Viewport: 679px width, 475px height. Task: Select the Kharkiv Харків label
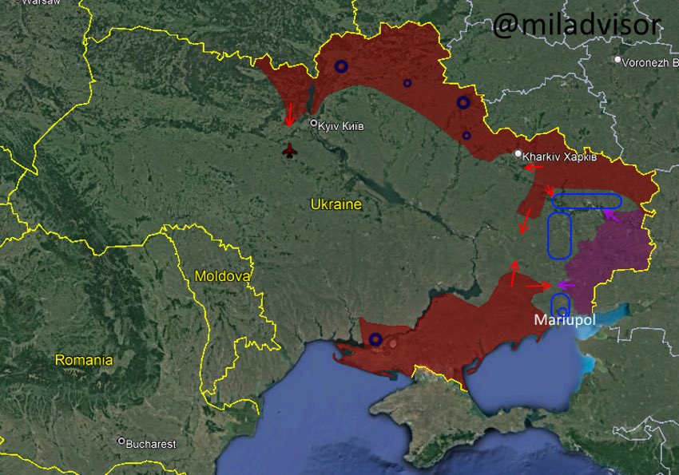560,156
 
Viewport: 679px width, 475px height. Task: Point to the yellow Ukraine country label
336,204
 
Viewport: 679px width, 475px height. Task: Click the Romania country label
83,360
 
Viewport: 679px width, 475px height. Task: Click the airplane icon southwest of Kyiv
290,150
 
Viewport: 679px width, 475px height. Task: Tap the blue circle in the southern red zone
375,339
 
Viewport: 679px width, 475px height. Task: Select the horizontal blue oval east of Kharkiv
586,200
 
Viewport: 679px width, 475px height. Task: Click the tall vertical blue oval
559,236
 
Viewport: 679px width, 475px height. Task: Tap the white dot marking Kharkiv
518,153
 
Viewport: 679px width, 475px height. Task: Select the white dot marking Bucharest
121,441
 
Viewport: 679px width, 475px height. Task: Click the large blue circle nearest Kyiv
341,66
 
